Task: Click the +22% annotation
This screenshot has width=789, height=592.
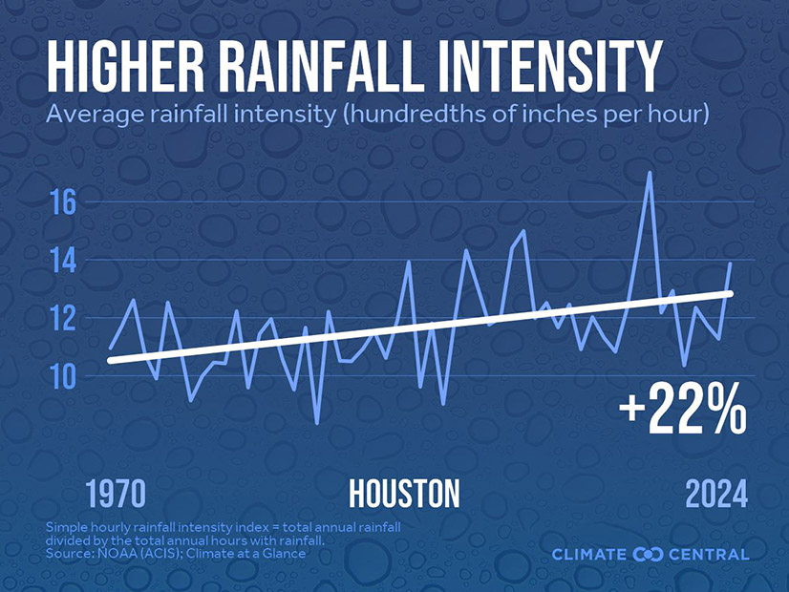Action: coord(681,411)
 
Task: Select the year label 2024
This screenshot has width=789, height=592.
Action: coord(716,494)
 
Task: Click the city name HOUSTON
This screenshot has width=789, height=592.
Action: coord(404,494)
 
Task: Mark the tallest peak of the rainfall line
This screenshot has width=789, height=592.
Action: coord(650,173)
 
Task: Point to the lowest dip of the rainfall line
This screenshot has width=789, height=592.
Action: coord(317,422)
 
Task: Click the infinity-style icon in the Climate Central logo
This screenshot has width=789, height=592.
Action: coord(647,554)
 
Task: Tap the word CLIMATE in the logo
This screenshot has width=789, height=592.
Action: coord(591,555)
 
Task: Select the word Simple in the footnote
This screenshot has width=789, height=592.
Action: coord(67,528)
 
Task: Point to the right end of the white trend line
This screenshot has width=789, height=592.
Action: coord(731,293)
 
